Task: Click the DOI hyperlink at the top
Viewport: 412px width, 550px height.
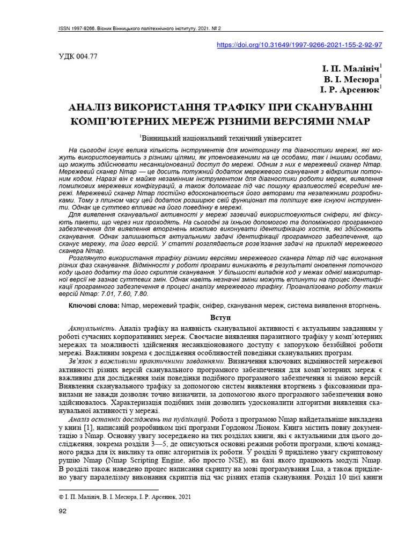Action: [x=299, y=45]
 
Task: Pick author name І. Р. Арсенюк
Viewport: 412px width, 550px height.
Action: [x=350, y=90]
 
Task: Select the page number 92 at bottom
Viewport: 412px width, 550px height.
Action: [x=62, y=511]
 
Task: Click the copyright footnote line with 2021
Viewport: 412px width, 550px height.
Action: [x=124, y=498]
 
